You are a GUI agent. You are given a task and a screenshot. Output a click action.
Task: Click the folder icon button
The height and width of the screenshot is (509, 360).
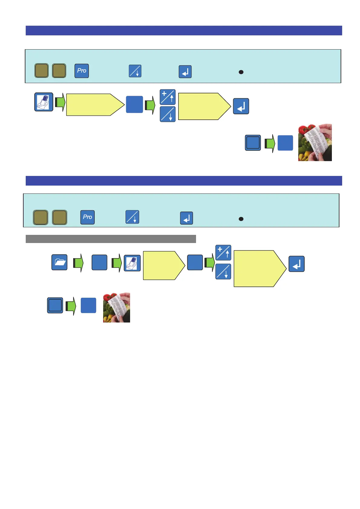(59, 262)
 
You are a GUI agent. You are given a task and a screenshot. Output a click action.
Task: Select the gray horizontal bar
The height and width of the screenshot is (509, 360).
(111, 239)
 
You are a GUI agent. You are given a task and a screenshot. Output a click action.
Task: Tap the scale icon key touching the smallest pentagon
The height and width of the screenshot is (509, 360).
(133, 263)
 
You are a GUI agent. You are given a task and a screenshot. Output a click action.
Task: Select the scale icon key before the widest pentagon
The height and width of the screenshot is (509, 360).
(44, 102)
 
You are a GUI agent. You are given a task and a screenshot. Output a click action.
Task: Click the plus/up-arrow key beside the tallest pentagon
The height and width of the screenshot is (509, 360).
(223, 253)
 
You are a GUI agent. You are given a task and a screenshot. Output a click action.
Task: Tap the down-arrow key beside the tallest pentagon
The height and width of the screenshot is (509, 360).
(223, 271)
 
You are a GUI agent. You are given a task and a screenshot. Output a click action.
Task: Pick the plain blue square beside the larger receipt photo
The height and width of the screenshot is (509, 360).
(285, 143)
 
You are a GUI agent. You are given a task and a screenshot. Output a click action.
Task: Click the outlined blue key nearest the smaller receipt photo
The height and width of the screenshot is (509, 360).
(55, 305)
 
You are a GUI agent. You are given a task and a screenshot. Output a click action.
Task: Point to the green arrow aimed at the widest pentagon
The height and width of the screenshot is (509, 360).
(60, 102)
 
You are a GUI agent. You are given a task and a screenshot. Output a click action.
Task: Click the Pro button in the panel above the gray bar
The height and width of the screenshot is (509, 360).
(87, 217)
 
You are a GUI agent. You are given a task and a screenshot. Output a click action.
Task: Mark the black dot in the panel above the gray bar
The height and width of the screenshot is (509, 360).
(241, 219)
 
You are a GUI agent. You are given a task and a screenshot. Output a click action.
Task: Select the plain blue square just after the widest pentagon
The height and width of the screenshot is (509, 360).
(134, 105)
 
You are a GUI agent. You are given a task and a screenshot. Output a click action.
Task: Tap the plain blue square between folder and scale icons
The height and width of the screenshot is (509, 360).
(99, 262)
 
